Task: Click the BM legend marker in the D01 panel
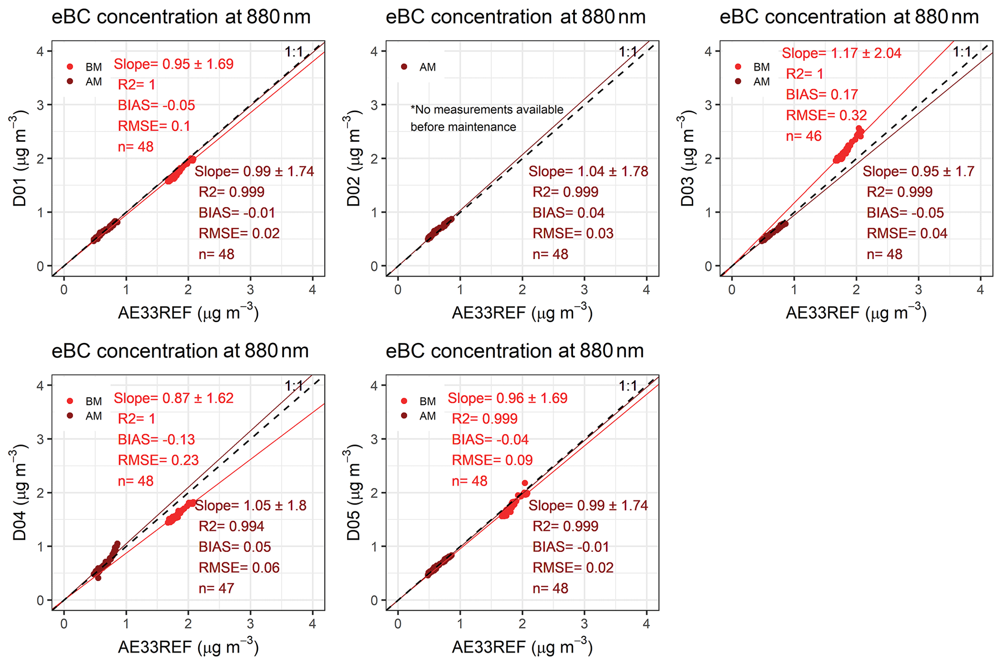(x=70, y=66)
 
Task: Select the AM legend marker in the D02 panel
(x=404, y=66)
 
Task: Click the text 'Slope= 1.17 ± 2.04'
(x=841, y=53)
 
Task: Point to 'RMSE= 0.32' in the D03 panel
(x=826, y=115)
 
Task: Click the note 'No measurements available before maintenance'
(x=486, y=118)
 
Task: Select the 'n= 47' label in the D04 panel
(x=216, y=588)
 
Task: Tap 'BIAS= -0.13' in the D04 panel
(x=156, y=439)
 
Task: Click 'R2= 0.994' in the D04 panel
(x=231, y=526)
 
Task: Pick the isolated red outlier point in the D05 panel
(x=525, y=483)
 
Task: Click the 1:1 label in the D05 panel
(x=627, y=386)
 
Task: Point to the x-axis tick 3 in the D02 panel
(x=584, y=290)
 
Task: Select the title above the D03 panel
(x=849, y=17)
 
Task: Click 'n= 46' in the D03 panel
(x=803, y=136)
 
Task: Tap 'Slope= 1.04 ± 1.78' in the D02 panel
(x=588, y=171)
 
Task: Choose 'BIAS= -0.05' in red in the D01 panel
(x=156, y=105)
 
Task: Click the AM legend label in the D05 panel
(x=428, y=416)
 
